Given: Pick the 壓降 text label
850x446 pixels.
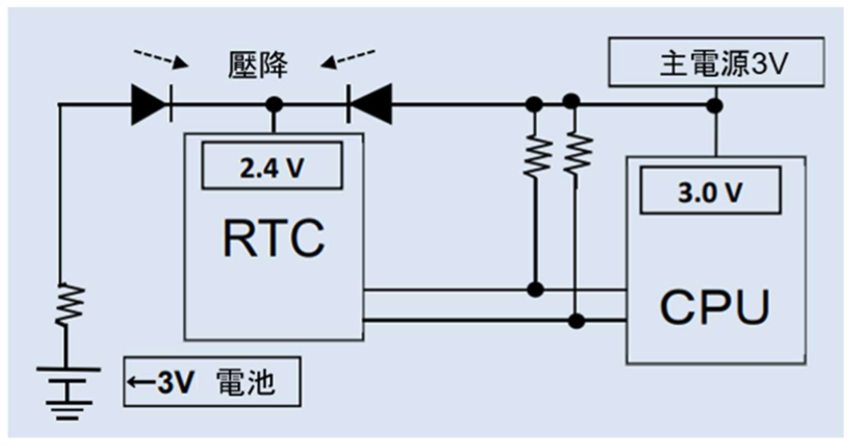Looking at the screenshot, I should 258,66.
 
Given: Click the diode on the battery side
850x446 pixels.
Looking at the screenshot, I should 151,106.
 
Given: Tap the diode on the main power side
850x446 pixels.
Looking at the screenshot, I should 370,106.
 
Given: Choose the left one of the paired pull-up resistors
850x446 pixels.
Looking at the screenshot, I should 535,154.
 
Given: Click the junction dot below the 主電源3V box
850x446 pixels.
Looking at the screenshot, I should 717,105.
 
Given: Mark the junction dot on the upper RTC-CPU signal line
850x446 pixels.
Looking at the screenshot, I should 535,289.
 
